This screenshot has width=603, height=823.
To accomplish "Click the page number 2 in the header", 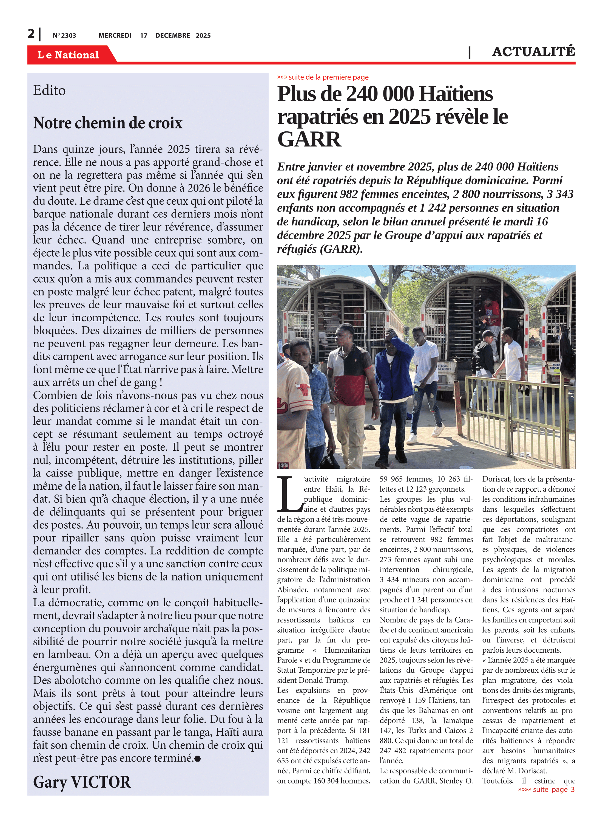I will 31,34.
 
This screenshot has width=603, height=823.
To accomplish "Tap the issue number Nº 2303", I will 64,35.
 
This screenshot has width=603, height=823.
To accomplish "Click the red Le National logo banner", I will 68,55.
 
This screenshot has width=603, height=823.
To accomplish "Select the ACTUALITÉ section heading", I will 533,52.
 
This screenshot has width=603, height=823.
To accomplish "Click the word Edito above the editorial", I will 49,90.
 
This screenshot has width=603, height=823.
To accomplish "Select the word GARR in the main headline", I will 309,139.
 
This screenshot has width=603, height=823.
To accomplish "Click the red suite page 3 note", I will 547,789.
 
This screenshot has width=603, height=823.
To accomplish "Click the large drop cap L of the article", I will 289,494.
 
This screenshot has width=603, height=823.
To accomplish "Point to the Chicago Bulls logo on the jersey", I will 303,389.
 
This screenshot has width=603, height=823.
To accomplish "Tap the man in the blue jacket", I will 393,369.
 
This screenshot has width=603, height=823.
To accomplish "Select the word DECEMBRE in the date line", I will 172,35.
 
